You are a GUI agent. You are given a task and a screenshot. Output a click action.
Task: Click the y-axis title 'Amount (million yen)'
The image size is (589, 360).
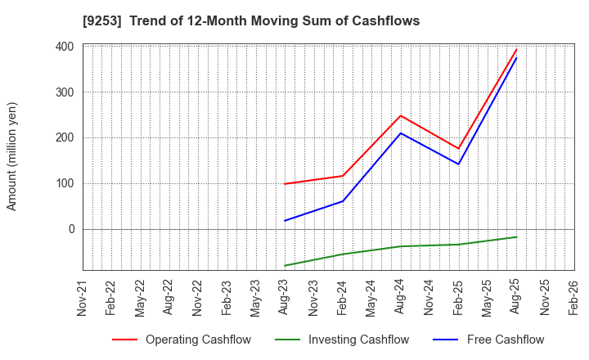12,156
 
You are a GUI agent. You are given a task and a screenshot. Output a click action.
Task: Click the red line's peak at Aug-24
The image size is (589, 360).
401,115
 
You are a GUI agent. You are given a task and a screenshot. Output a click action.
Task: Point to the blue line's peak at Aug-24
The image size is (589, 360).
401,133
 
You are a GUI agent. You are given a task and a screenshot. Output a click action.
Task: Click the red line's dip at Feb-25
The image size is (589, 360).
459,148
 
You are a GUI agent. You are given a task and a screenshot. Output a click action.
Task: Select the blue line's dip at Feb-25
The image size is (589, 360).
459,164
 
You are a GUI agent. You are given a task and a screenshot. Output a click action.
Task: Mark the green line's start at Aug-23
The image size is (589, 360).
285,266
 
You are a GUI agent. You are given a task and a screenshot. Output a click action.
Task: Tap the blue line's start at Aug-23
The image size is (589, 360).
285,221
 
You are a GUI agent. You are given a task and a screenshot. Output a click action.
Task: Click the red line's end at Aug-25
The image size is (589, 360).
516,49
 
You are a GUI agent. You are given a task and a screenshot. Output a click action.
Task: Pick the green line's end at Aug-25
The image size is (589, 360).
516,237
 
